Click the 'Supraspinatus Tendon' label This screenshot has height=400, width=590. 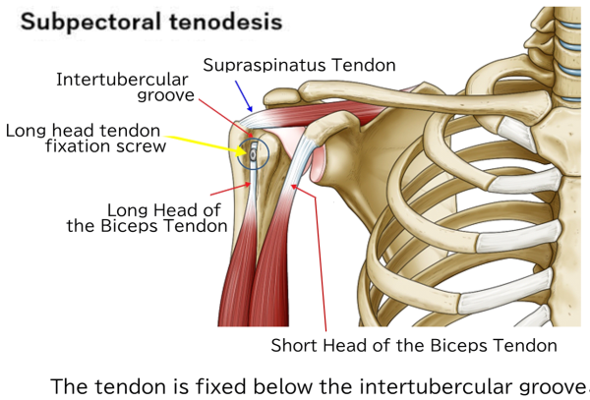point(299,66)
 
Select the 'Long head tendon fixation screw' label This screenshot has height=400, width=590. point(87,139)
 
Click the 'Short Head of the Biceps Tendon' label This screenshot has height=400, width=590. point(413,345)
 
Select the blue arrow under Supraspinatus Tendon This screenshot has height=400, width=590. point(245,94)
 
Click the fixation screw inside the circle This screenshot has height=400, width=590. point(253,153)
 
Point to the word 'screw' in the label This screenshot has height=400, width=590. point(144,147)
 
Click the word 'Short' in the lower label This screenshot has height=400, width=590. point(292,345)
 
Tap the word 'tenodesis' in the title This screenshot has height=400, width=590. point(232,21)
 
